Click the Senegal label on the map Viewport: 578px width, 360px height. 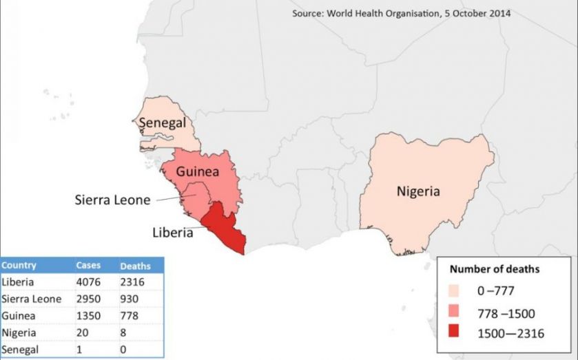tap(163, 123)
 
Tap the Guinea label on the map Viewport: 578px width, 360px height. tap(197, 171)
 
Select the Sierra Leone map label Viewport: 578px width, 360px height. tap(112, 200)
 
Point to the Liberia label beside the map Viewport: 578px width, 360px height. tap(173, 232)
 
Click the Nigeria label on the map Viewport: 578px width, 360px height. tap(417, 191)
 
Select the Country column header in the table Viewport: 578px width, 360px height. tap(19, 266)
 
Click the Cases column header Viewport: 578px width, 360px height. tap(88, 266)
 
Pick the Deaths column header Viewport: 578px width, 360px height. tap(136, 266)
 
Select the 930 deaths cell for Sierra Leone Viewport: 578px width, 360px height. tap(129, 299)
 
